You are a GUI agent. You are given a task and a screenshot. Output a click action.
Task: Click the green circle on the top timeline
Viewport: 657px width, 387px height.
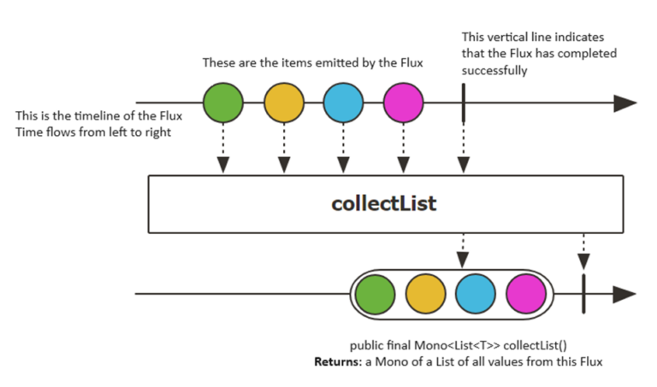coord(223,104)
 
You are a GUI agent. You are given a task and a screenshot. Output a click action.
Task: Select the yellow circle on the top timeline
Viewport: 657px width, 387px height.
coord(283,104)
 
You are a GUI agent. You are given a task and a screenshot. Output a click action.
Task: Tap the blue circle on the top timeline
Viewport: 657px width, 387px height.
coord(343,104)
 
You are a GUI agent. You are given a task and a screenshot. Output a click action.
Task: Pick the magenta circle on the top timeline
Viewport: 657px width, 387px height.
coord(403,104)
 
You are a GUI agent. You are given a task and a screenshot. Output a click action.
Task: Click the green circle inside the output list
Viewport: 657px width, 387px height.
coord(375,295)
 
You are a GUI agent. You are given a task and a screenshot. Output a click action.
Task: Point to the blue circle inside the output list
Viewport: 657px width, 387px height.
coord(475,295)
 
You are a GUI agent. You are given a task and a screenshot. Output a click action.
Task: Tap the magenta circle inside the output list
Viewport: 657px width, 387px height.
coord(525,295)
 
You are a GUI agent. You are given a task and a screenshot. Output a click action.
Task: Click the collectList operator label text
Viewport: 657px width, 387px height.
coord(383,205)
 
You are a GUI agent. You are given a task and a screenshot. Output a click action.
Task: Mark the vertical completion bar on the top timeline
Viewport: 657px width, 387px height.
coord(463,104)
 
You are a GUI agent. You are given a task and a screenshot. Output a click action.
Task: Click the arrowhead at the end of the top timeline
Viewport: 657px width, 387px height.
coord(625,104)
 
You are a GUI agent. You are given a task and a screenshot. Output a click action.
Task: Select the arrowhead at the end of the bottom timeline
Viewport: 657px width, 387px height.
coord(625,295)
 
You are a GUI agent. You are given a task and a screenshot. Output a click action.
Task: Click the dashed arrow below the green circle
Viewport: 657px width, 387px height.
coord(223,150)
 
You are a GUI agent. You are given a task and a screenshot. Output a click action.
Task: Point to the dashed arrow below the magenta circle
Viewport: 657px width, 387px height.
coord(403,150)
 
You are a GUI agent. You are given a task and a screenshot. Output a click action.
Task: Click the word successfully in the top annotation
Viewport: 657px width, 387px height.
coord(494,72)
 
